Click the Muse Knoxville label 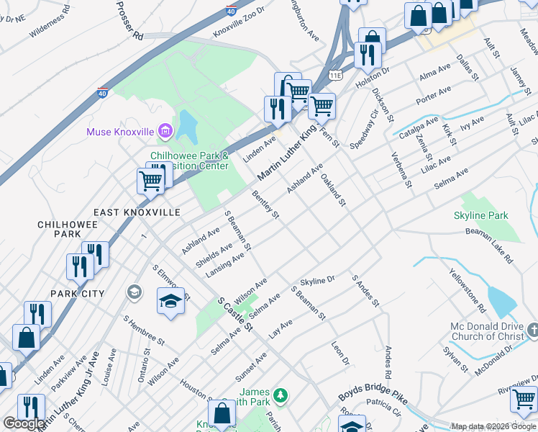(120, 132)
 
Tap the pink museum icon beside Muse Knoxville (165, 131)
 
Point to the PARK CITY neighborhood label (77, 294)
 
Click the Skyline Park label (480, 215)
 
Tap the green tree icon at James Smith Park (281, 395)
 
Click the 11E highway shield (335, 74)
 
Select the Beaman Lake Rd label (490, 244)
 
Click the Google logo (24, 423)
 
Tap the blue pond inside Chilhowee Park (186, 126)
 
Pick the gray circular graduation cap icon (134, 292)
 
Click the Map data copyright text (493, 426)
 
